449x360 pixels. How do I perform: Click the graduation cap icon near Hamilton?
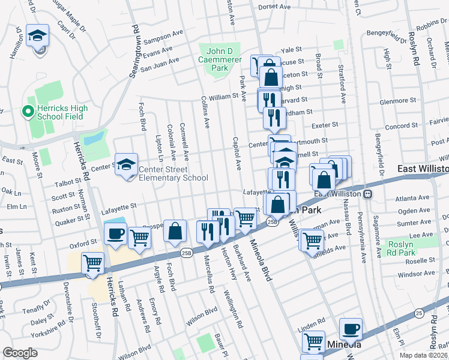38,37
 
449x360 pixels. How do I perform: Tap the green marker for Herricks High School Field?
26,111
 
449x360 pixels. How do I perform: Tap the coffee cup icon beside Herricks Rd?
115,235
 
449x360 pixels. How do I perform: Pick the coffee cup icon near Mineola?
351,329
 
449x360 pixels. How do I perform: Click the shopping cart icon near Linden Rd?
313,341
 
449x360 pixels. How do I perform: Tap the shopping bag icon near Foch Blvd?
175,232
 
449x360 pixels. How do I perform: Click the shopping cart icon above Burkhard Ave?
245,219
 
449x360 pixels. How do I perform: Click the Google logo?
20,353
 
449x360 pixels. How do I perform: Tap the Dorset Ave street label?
274,7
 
